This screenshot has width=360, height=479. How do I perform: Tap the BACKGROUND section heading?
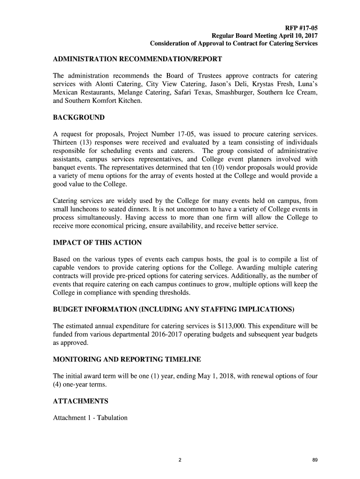(79, 117)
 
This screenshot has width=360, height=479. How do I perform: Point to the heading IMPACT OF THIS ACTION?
(97, 243)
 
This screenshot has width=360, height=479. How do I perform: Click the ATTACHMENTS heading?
(80, 401)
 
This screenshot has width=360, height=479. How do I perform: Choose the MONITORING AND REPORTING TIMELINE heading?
(127, 359)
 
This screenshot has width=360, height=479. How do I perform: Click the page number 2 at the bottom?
(180, 461)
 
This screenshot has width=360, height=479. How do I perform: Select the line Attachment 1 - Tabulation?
(90, 417)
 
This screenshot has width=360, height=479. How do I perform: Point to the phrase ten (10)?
(209, 167)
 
